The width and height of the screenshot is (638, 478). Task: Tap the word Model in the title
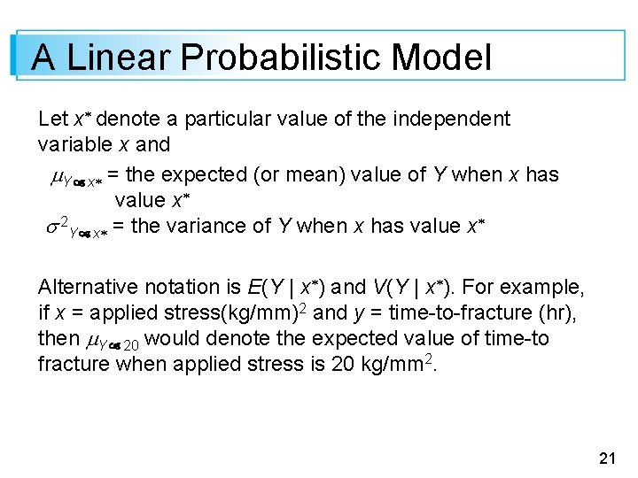click(x=440, y=58)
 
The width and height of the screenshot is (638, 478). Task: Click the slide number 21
click(x=607, y=458)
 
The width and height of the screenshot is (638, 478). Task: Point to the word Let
click(x=52, y=119)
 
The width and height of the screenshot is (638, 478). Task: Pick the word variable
click(x=75, y=143)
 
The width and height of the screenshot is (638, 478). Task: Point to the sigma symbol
click(x=51, y=227)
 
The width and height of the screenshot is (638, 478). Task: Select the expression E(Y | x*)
click(x=287, y=287)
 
